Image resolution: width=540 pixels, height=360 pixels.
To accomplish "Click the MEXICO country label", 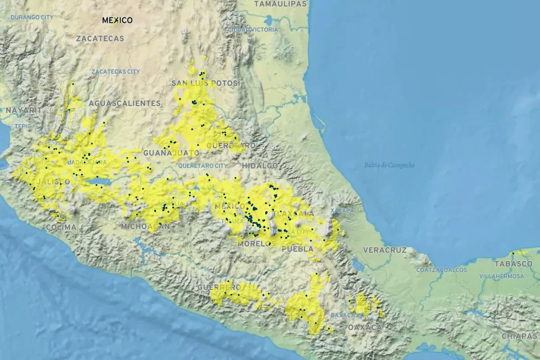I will click(117, 20).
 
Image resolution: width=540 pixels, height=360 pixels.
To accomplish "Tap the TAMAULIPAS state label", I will click(280, 4).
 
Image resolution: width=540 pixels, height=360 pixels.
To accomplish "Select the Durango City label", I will click(32, 17).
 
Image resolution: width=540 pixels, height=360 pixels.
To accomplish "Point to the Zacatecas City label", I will click(116, 71).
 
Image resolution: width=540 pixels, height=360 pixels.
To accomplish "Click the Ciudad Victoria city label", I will click(253, 29).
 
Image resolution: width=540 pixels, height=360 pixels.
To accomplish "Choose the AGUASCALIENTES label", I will click(125, 103).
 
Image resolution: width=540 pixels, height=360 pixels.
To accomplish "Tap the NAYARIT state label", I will click(24, 110).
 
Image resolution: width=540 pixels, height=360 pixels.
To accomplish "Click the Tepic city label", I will click(22, 126).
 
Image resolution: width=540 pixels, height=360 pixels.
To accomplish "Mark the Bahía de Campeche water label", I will click(389, 165).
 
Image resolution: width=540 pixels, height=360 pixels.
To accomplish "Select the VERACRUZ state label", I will click(385, 250).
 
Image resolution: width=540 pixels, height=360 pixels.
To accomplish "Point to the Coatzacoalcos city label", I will click(442, 270).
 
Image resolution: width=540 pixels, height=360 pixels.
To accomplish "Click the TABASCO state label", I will click(513, 263).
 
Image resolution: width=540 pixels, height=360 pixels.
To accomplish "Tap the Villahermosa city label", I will click(502, 277).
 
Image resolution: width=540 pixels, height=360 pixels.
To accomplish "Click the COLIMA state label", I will click(61, 227).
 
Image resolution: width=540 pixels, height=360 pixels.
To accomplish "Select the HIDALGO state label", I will click(260, 165).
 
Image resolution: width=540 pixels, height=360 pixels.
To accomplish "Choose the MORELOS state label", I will click(256, 244).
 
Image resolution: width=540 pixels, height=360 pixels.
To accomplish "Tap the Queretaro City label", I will click(203, 165).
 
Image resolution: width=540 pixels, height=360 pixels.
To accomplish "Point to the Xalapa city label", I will click(343, 211).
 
